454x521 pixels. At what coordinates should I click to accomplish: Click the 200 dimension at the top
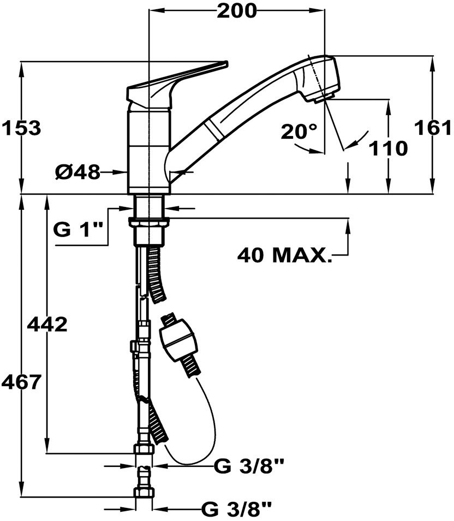pyautogui.click(x=236, y=11)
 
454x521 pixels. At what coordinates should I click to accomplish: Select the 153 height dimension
pyautogui.click(x=21, y=128)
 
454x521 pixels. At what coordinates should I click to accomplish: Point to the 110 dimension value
pyautogui.click(x=388, y=147)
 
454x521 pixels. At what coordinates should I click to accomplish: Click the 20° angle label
pyautogui.click(x=299, y=132)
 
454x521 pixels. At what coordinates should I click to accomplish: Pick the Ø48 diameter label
pyautogui.click(x=77, y=173)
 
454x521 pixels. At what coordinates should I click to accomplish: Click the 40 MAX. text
pyautogui.click(x=284, y=254)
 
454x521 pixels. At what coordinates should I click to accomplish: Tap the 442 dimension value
pyautogui.click(x=47, y=324)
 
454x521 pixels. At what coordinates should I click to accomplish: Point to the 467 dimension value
pyautogui.click(x=21, y=381)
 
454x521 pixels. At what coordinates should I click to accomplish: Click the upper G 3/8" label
pyautogui.click(x=249, y=466)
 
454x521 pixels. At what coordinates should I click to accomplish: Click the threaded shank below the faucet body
pyautogui.click(x=149, y=205)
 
